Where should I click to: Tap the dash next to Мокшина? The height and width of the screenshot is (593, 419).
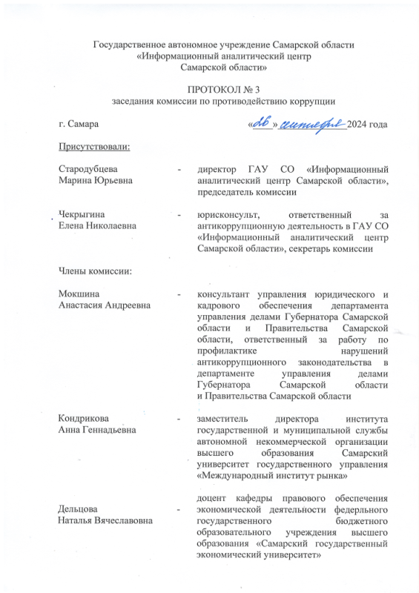[179, 294]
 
